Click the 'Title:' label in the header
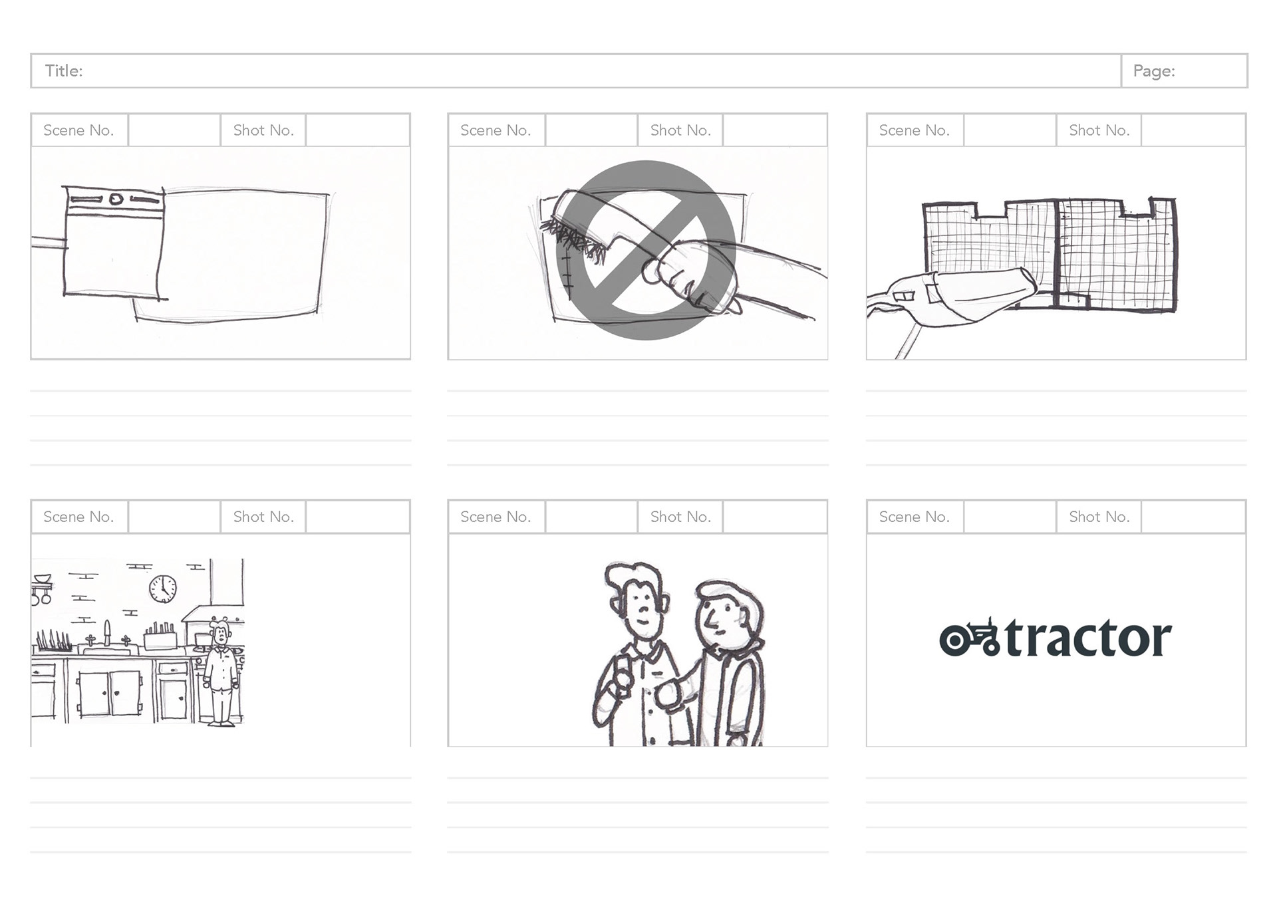(64, 71)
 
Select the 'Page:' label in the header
(1154, 71)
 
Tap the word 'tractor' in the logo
(1088, 638)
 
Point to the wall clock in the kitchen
(163, 589)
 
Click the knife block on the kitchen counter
(160, 636)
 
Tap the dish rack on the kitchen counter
(53, 642)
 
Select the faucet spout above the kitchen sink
(107, 632)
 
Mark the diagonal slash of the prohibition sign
(646, 250)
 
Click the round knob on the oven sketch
(116, 198)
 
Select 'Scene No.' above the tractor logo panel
(914, 517)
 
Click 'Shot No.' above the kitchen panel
(263, 517)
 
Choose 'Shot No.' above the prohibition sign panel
(680, 130)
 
